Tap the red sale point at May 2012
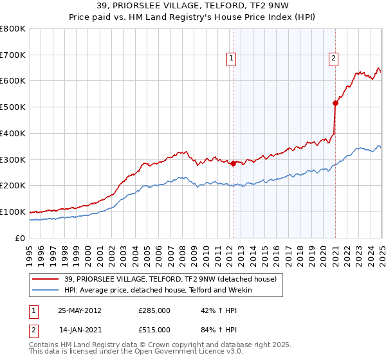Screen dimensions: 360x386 coord(232,163)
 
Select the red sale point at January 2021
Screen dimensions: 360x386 coord(335,102)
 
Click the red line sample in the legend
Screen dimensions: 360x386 coord(46,279)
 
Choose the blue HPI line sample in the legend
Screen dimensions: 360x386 coord(46,291)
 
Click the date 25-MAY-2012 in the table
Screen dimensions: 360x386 coord(79,310)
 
